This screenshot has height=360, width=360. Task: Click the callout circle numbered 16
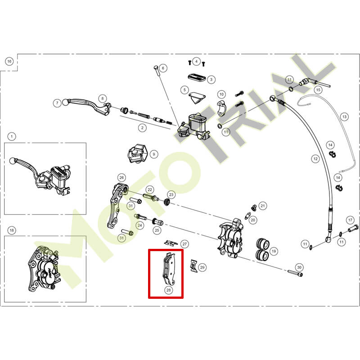pos(9,61)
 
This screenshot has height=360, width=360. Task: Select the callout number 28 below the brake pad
pos(168,290)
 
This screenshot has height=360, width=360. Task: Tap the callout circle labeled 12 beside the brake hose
pos(315,159)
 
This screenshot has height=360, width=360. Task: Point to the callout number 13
pos(344,117)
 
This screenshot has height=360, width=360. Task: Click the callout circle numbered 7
pos(58,103)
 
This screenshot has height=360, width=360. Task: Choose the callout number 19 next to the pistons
pos(274,251)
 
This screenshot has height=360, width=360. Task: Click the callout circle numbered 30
pos(299,267)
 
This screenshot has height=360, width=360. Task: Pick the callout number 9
pos(154,154)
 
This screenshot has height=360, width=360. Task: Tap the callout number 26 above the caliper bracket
pos(121,177)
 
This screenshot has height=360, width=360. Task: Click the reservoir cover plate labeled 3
pos(197,77)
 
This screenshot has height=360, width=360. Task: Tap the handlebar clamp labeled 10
pos(221,108)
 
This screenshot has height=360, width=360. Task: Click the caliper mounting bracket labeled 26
pos(117,205)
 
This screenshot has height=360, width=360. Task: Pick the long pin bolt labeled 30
pos(295,273)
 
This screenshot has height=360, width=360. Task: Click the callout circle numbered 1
pos(12,137)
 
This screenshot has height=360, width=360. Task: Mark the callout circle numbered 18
pos(12,230)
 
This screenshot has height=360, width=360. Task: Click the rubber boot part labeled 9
pos(137,153)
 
